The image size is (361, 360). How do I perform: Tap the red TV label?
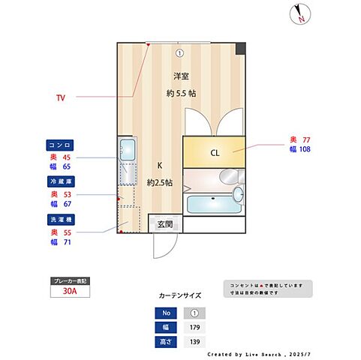tap(61, 97)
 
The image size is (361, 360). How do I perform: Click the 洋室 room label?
tap(181, 76)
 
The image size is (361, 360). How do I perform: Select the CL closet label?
tap(215, 153)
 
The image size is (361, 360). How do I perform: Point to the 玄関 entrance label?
tap(165, 224)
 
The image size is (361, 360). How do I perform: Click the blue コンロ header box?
tap(58, 145)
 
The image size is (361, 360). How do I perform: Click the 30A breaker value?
tap(68, 292)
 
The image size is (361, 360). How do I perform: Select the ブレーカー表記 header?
tap(68, 280)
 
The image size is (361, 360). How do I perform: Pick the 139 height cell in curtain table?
tap(194, 340)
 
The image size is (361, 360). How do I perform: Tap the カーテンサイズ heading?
tap(179, 295)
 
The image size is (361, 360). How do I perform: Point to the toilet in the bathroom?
tap(237, 196)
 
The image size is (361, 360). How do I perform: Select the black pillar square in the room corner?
tap(240, 49)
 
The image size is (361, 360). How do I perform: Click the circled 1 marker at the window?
tap(180, 52)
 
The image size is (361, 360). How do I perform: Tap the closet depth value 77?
tap(305, 139)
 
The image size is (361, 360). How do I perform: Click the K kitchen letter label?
tap(159, 166)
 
